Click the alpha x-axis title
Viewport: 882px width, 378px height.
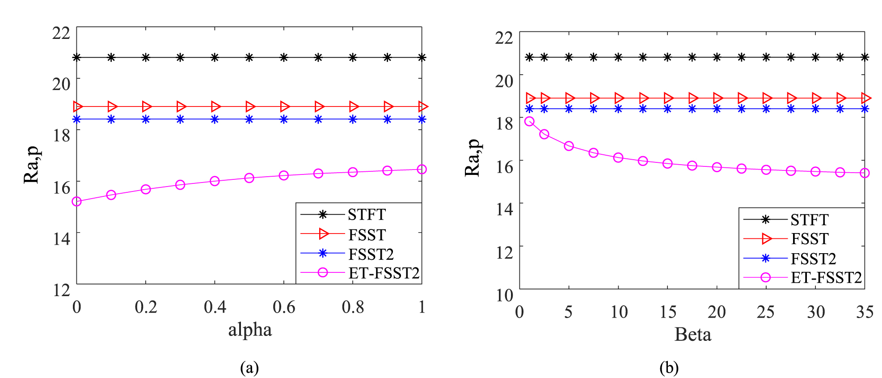pos(250,330)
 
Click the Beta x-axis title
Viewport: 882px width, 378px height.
pos(692,335)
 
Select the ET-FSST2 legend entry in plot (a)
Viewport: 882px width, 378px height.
pos(384,273)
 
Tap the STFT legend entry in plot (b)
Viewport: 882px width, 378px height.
pos(809,220)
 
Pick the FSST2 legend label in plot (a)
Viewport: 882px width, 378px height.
pos(371,254)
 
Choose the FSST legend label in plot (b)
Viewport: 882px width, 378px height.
pos(810,239)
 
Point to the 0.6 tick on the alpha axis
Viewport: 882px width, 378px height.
pos(284,307)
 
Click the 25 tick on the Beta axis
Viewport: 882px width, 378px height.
pos(766,312)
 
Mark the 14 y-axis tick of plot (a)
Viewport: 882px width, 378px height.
pos(62,239)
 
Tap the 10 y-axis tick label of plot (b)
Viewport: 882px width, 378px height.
pos(505,295)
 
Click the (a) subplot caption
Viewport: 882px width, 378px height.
pos(249,368)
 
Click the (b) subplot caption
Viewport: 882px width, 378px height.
pos(669,368)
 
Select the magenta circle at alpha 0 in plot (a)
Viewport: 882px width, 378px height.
pos(77,202)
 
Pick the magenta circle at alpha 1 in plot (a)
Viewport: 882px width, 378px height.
pos(422,170)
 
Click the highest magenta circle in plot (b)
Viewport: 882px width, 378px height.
pos(529,122)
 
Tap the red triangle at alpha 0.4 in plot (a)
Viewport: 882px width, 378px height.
pos(215,106)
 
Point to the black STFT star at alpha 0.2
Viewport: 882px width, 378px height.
pos(146,57)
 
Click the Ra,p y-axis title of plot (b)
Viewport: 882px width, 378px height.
pos(473,157)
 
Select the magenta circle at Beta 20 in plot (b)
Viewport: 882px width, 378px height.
pos(717,167)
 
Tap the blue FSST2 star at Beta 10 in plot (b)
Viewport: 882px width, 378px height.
pos(618,109)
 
